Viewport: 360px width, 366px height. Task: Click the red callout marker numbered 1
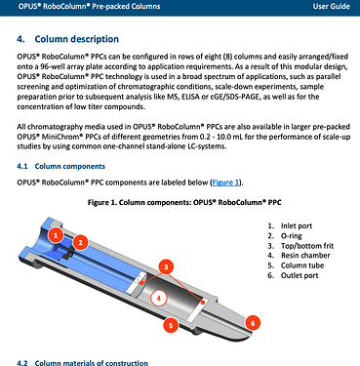click(x=56, y=235)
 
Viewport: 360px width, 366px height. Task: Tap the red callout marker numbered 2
click(x=81, y=242)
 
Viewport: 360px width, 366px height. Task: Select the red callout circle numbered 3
click(x=166, y=267)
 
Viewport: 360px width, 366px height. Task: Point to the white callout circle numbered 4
click(x=159, y=298)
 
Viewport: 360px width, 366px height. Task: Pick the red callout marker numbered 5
click(x=171, y=324)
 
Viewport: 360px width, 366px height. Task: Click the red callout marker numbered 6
click(x=253, y=323)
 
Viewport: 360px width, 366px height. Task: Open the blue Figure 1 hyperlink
click(x=225, y=183)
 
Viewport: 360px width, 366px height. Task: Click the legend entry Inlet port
click(x=297, y=225)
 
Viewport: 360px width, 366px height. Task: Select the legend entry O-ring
click(x=292, y=236)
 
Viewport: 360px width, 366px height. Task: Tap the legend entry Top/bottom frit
click(x=307, y=246)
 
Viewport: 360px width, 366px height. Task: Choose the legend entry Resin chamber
click(x=305, y=256)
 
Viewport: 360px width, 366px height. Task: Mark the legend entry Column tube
click(x=302, y=265)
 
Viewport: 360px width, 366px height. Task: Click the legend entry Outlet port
click(x=300, y=275)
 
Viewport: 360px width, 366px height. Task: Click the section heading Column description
click(x=77, y=39)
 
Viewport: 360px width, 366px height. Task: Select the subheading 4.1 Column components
click(x=61, y=166)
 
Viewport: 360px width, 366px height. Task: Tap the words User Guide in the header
click(x=332, y=6)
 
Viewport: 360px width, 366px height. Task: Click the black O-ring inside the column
click(x=68, y=253)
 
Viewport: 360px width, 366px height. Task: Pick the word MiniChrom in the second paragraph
click(x=57, y=137)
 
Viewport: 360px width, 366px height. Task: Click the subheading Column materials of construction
click(x=91, y=362)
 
